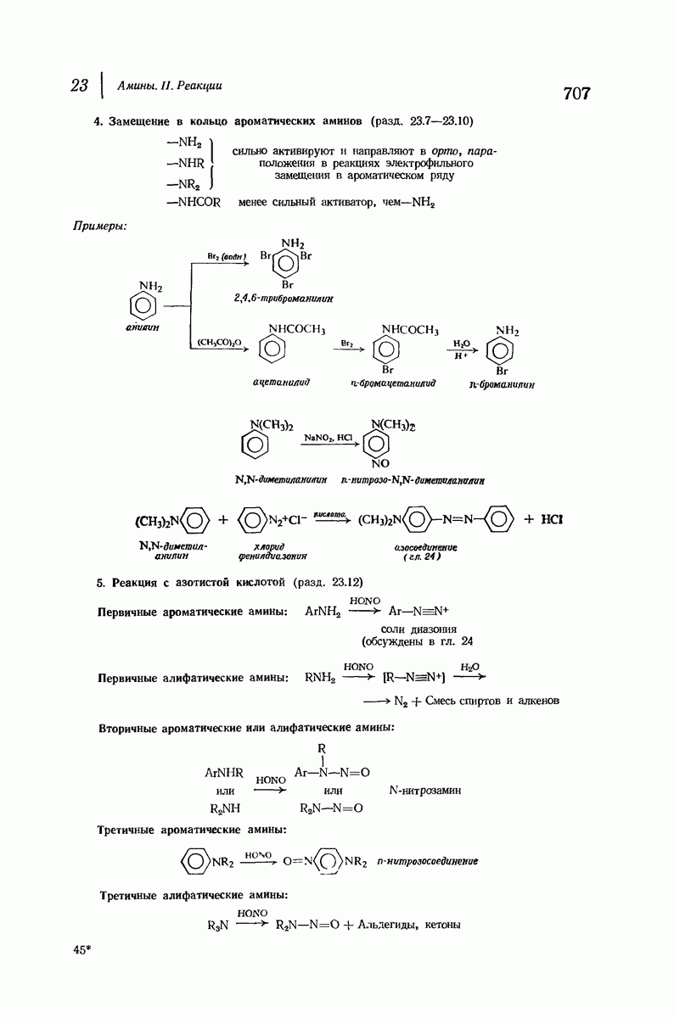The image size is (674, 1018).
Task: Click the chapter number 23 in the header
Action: (x=80, y=87)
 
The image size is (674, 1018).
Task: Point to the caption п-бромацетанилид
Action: (x=392, y=383)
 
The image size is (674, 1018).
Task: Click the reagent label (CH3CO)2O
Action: (x=219, y=342)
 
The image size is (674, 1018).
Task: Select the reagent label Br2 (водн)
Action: (x=226, y=255)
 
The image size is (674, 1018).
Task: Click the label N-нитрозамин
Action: (x=424, y=790)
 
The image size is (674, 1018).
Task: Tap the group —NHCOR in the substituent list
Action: (x=194, y=202)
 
